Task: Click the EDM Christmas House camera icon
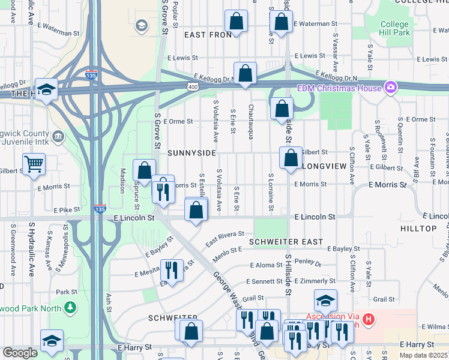[x=391, y=88]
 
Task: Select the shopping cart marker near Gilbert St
[x=34, y=163]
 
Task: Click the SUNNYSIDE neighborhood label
[x=191, y=153]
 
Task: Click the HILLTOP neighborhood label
[x=419, y=229]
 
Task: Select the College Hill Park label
[x=395, y=28]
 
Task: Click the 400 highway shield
[x=193, y=87]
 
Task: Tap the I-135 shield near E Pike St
[x=100, y=209]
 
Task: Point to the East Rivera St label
[x=225, y=239]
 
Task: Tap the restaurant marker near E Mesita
[x=172, y=270]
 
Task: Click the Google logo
[x=20, y=353]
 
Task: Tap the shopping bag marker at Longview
[x=291, y=159]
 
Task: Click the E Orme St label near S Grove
[x=177, y=121]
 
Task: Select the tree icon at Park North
[x=71, y=307]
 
